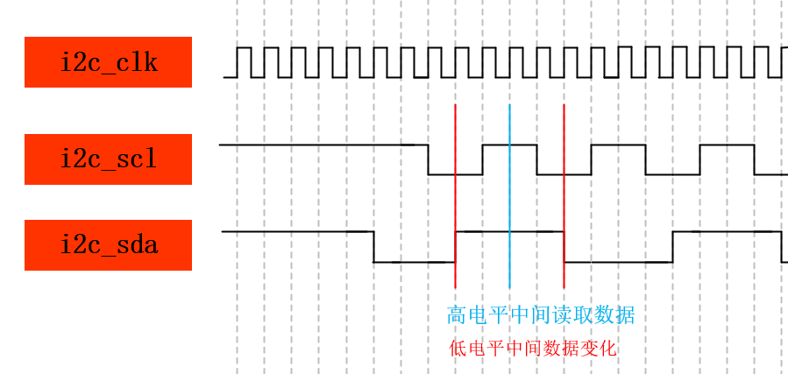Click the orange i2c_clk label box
coord(108,62)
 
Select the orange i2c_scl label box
coord(108,159)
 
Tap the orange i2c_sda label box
coord(108,245)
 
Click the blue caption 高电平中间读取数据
coord(541,315)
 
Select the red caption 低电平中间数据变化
coord(533,349)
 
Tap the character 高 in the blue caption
coord(457,315)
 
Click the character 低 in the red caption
coord(458,349)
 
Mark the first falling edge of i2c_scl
coord(428,159)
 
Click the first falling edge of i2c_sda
coord(373,246)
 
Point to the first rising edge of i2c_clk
coord(238,62)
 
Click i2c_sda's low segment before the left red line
coord(414,262)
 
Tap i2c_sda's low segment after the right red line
coord(618,262)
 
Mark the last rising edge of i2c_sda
coord(672,246)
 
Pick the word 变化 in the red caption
coord(600,349)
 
